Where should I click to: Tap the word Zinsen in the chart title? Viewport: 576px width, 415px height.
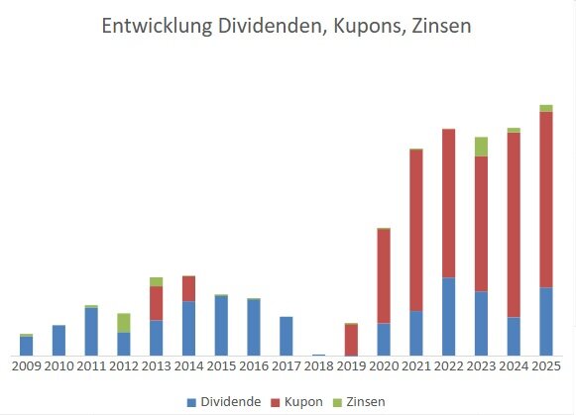click(435, 27)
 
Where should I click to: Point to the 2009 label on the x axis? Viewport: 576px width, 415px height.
click(27, 365)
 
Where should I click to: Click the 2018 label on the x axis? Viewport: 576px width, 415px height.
click(319, 365)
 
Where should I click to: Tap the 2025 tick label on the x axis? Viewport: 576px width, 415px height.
click(546, 365)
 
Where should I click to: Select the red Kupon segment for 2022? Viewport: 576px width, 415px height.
click(449, 203)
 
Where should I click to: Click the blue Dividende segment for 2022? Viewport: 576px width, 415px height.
click(449, 316)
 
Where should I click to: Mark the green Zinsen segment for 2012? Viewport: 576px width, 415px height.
click(124, 322)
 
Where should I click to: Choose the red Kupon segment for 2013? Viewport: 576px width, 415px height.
click(157, 303)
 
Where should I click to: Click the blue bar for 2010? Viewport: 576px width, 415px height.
click(58, 340)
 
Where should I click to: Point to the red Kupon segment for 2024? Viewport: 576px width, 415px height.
click(514, 225)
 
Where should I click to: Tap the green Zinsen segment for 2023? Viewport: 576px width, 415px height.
click(481, 147)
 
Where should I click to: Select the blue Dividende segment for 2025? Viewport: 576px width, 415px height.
click(546, 321)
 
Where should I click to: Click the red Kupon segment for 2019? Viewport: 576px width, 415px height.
click(351, 340)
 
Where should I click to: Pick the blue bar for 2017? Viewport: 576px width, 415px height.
click(287, 336)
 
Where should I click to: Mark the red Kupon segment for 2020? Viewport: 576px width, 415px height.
click(384, 276)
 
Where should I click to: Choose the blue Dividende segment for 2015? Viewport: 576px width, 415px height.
click(221, 325)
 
